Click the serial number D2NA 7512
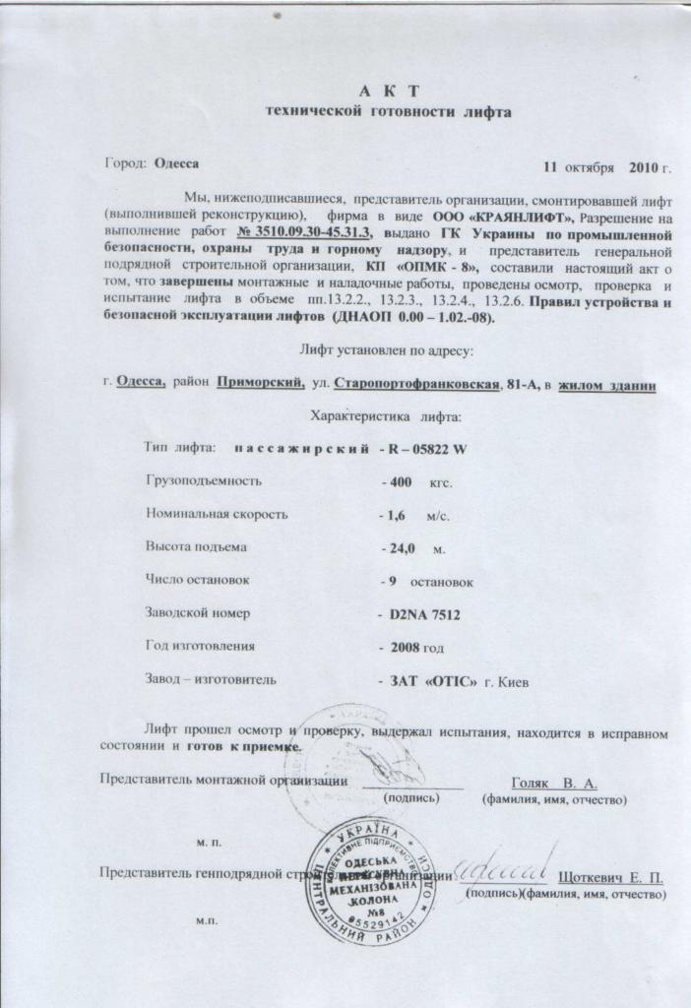point(424,614)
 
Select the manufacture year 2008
point(402,647)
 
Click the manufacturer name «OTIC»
point(451,680)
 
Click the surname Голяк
point(532,783)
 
